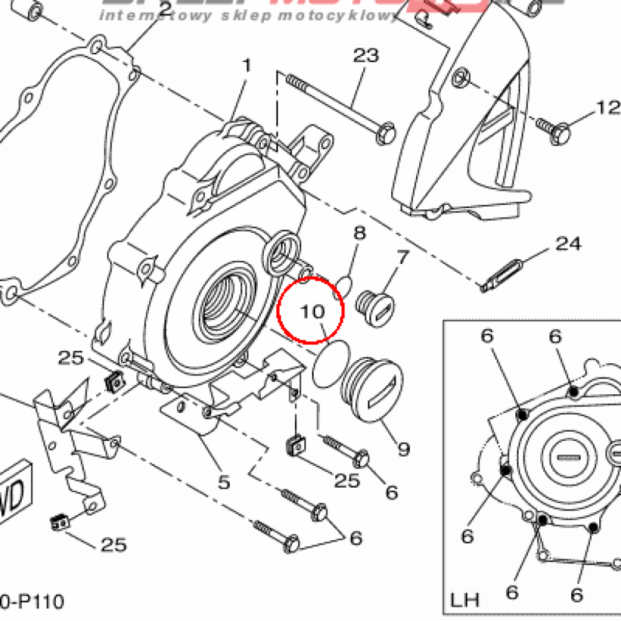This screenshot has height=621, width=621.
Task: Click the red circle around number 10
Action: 310,310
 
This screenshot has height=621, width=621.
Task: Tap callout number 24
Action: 568,244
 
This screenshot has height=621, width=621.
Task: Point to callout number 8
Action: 360,233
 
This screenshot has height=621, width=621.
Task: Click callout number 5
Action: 224,482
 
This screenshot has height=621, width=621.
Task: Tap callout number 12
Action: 608,108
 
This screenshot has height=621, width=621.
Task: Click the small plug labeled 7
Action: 376,306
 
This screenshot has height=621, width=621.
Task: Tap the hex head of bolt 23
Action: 384,133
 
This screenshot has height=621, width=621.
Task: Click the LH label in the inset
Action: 465,600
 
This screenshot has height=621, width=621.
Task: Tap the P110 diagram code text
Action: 33,602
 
